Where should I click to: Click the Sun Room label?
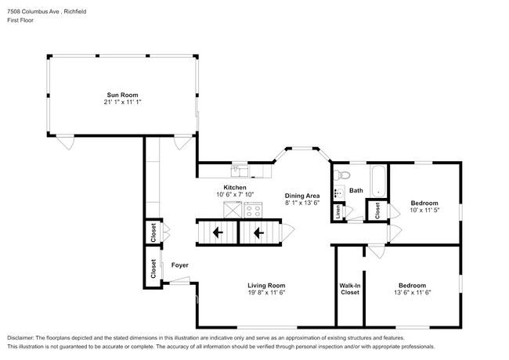122,95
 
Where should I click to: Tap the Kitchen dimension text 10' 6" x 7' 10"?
235,194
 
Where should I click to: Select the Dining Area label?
302,196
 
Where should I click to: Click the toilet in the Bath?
341,175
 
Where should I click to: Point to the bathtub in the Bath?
378,181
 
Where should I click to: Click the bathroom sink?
339,193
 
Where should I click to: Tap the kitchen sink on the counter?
240,171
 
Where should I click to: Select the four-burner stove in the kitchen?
253,210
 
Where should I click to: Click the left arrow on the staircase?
218,232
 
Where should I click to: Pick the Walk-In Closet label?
349,289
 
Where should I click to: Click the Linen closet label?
338,211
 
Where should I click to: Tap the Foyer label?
180,265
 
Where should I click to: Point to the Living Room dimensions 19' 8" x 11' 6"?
266,292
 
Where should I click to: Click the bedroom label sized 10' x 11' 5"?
424,203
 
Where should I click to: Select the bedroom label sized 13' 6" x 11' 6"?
412,286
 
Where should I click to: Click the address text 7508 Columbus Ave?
33,12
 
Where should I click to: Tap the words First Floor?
20,20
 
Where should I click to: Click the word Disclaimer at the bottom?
20,337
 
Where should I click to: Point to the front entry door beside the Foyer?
179,280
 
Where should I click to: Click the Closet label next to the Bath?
377,211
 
